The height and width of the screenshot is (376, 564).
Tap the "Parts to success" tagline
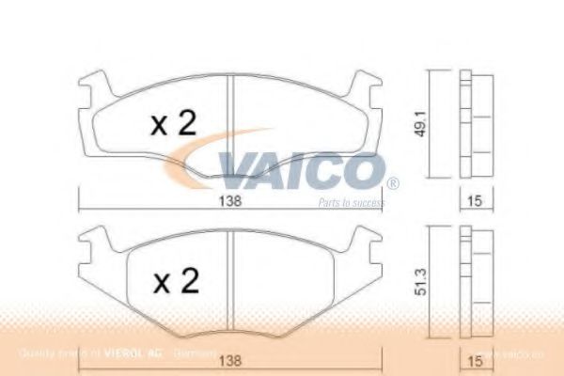click(x=351, y=202)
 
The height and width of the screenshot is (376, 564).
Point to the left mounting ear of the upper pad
click(x=90, y=92)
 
